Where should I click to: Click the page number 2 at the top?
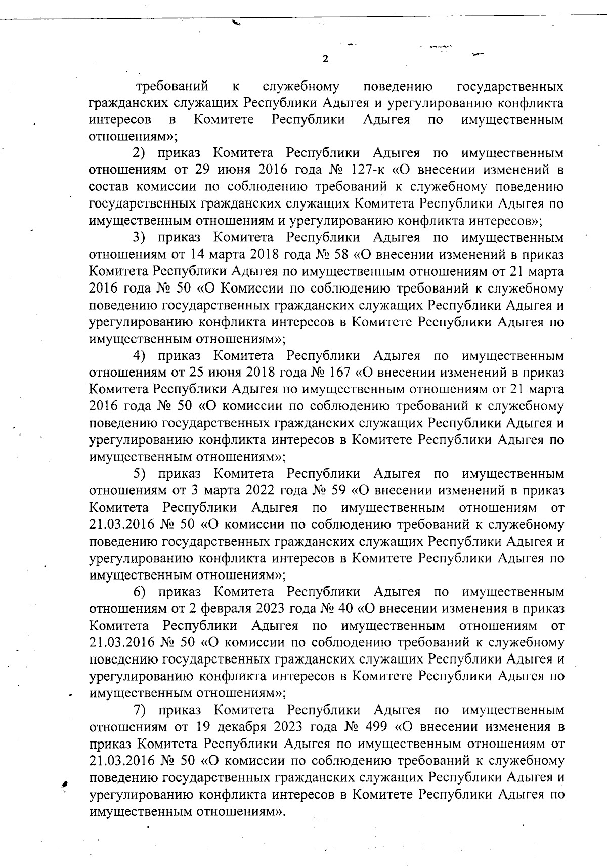[x=325, y=59]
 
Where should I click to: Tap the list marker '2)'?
[x=139, y=153]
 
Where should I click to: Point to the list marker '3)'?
[x=139, y=237]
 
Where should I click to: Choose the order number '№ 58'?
[x=345, y=254]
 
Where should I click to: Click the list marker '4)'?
[x=139, y=356]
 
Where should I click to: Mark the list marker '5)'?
[x=139, y=474]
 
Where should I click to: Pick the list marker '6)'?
[x=139, y=592]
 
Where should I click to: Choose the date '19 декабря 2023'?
[x=247, y=727]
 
